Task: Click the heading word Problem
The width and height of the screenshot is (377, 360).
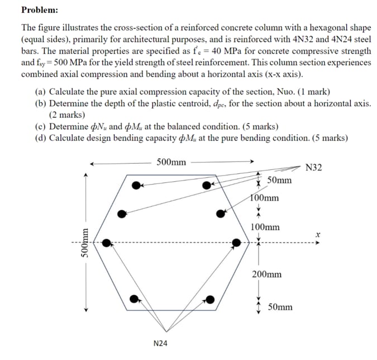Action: click(40, 10)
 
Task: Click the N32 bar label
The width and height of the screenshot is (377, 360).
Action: click(314, 167)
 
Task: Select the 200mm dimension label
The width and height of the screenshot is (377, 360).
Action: click(266, 274)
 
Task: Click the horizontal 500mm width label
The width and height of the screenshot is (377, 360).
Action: click(171, 162)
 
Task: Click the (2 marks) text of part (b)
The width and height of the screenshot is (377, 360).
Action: click(67, 115)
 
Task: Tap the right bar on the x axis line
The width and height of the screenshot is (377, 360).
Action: click(237, 243)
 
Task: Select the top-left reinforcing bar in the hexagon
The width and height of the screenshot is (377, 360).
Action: click(136, 185)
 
